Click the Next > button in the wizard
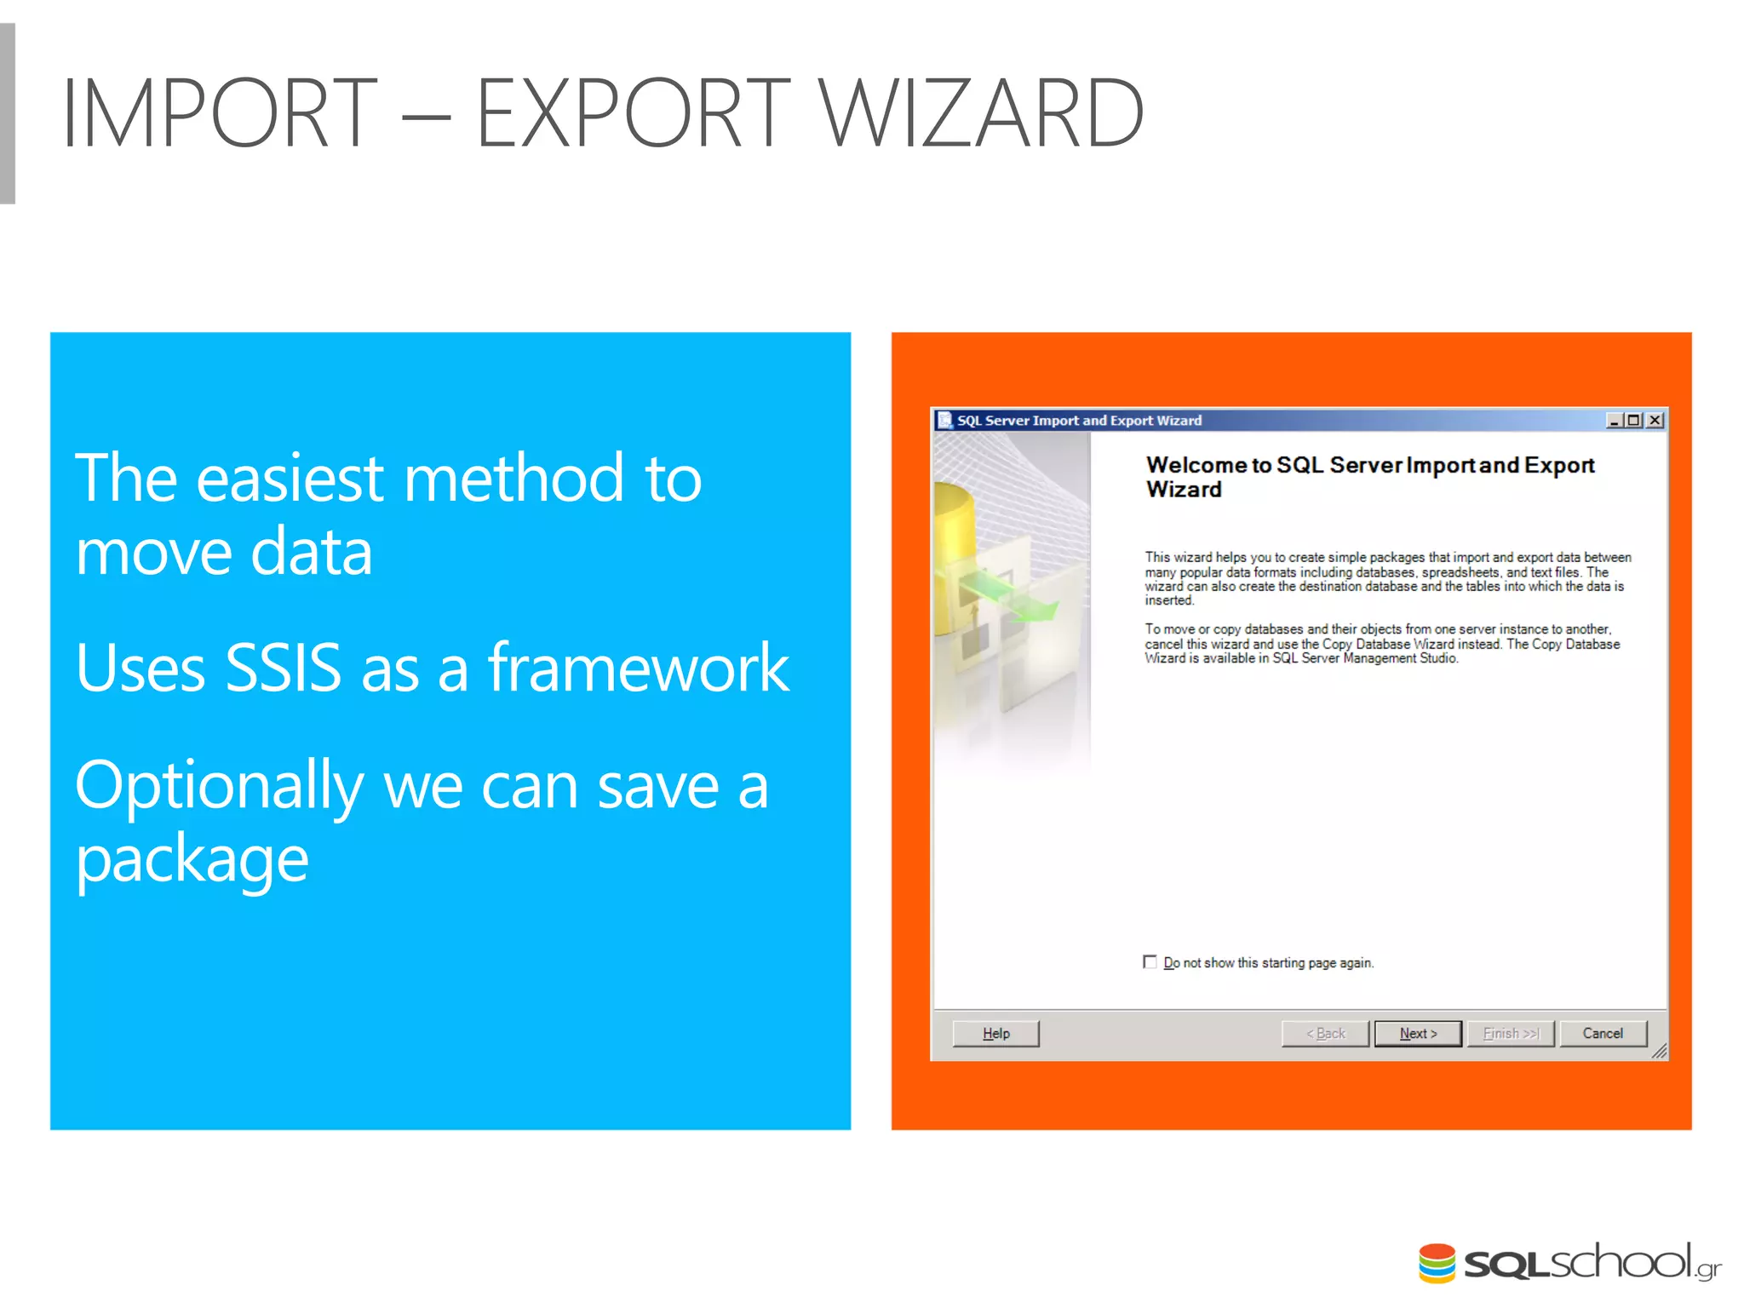pos(1417,1033)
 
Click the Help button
pos(995,1033)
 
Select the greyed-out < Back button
pos(1325,1033)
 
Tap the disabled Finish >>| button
pos(1511,1033)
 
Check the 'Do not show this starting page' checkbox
pos(1150,962)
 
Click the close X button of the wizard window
pos(1655,420)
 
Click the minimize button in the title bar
pos(1614,420)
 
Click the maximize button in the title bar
pos(1634,420)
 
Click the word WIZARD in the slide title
pos(979,112)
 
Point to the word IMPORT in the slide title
pos(220,112)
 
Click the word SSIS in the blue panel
pos(283,668)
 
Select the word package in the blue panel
pos(192,860)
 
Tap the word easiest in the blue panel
pos(290,479)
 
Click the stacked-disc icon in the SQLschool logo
pos(1437,1263)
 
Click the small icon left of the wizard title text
pos(944,420)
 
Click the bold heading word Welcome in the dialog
pos(1196,465)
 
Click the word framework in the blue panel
pos(639,668)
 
